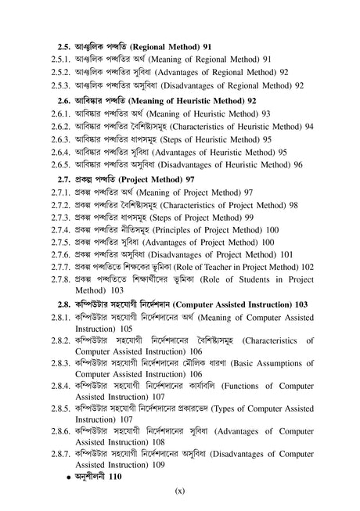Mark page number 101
click(x=287, y=254)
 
